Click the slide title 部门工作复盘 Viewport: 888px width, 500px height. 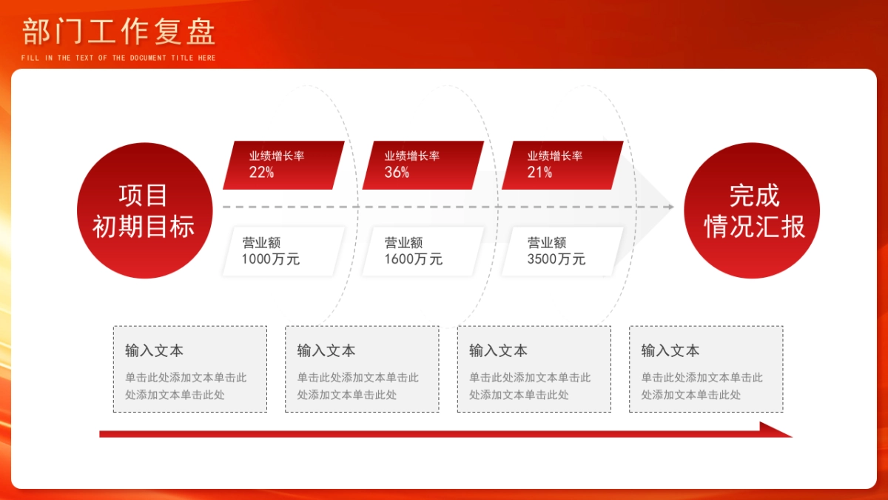(118, 32)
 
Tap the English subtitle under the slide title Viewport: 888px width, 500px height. (118, 58)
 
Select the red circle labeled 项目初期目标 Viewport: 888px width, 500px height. (144, 210)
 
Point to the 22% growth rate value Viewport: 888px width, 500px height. (261, 173)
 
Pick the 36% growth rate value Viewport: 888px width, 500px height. (397, 173)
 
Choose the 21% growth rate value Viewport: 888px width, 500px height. (539, 173)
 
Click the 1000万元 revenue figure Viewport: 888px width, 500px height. (270, 259)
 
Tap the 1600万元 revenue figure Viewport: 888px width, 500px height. (413, 259)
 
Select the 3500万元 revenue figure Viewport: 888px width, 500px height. (556, 259)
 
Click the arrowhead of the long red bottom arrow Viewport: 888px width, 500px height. (777, 430)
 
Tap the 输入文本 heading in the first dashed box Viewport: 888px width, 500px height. (154, 350)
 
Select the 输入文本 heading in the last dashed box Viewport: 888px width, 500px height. (670, 350)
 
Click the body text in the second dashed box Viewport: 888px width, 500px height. (357, 386)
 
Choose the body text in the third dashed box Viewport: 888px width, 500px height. (530, 386)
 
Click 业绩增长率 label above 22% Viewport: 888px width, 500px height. (277, 156)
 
